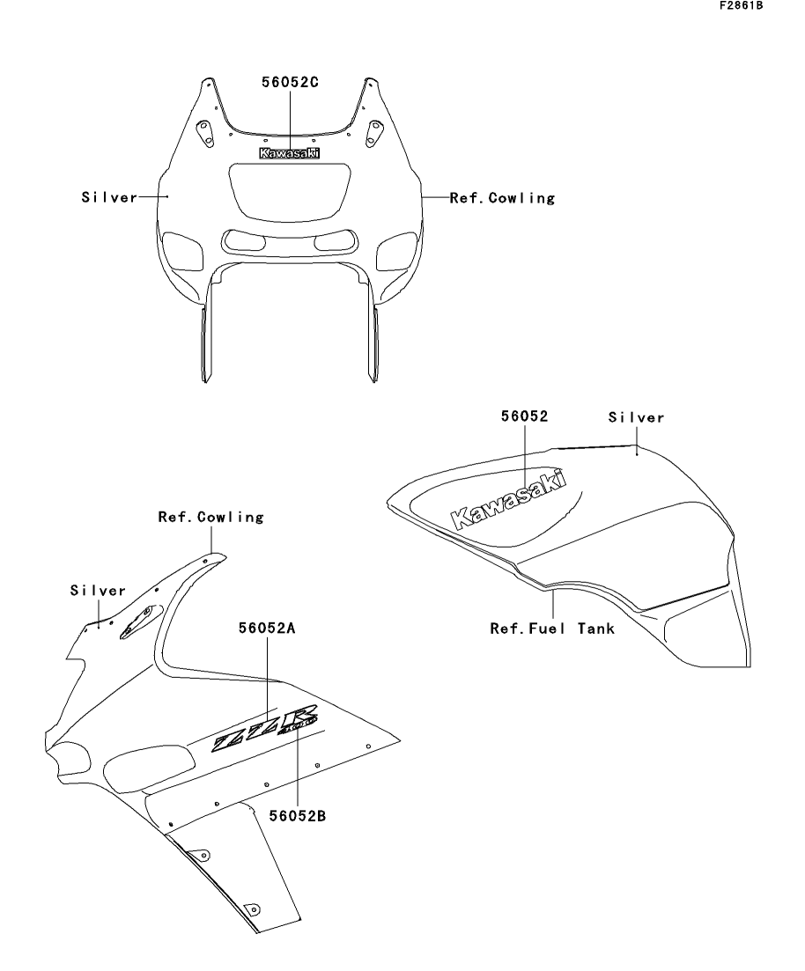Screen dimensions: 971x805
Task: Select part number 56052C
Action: click(289, 83)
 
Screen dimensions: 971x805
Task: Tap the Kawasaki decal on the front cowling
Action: click(289, 153)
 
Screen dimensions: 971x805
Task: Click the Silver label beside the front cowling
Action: click(110, 198)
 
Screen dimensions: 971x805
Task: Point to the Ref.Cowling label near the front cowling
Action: click(503, 198)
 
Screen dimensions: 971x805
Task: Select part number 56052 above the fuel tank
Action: click(525, 417)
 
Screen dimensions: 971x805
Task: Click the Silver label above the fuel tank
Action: click(636, 417)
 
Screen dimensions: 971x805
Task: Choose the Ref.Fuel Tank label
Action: click(552, 629)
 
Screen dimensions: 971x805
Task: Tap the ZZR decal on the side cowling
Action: click(263, 730)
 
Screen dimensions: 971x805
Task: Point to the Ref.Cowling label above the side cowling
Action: click(210, 518)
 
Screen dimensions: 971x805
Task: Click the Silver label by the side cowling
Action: click(99, 591)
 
